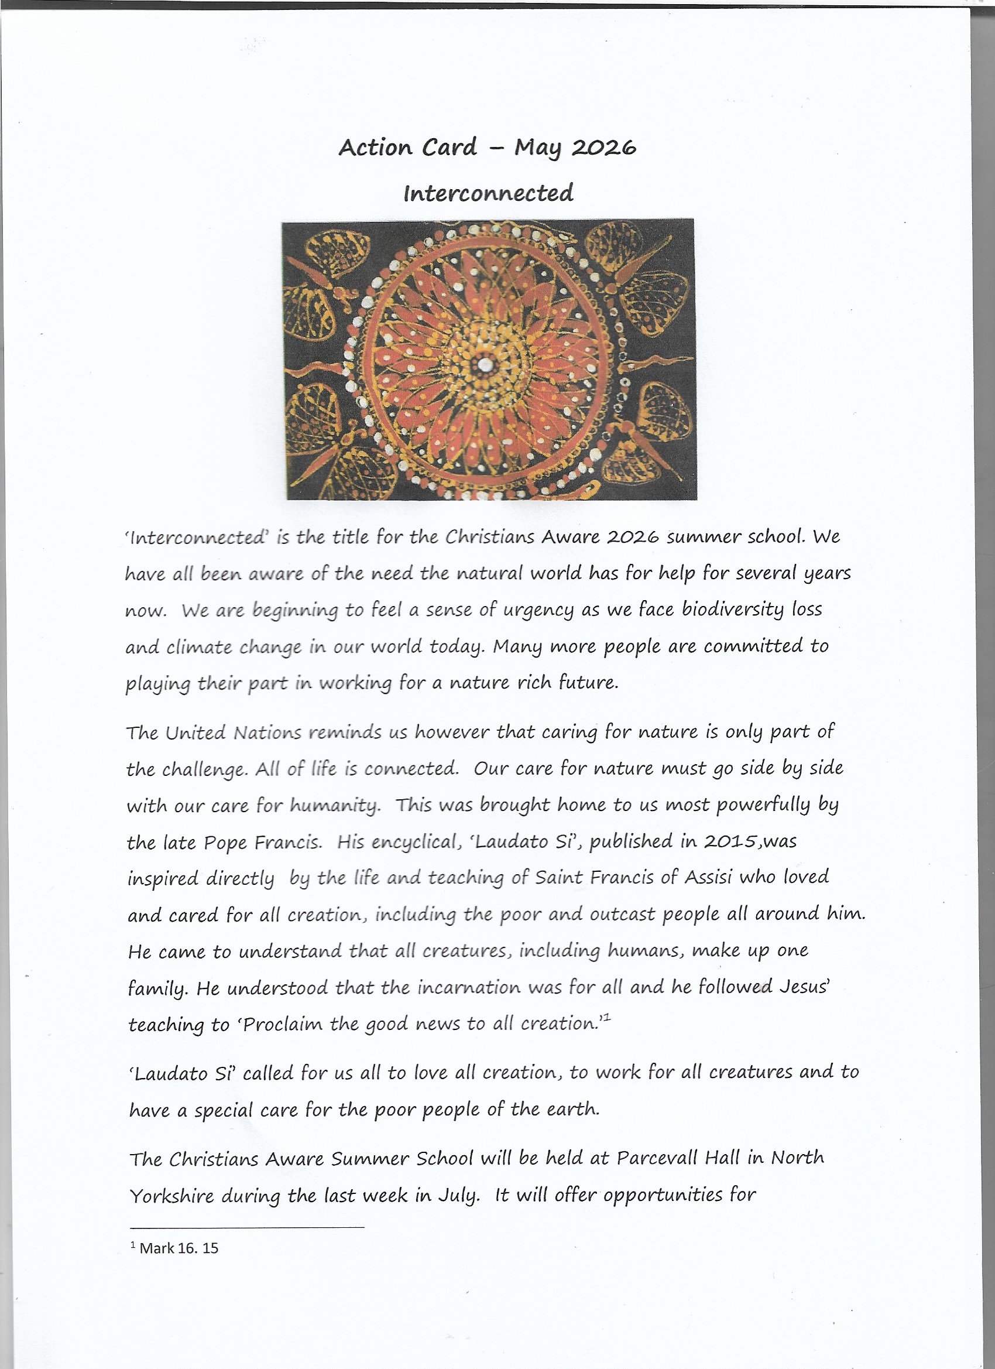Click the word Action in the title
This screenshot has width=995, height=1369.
376,148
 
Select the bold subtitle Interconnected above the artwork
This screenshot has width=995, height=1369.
488,193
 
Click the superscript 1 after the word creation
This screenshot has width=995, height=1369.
606,1018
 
